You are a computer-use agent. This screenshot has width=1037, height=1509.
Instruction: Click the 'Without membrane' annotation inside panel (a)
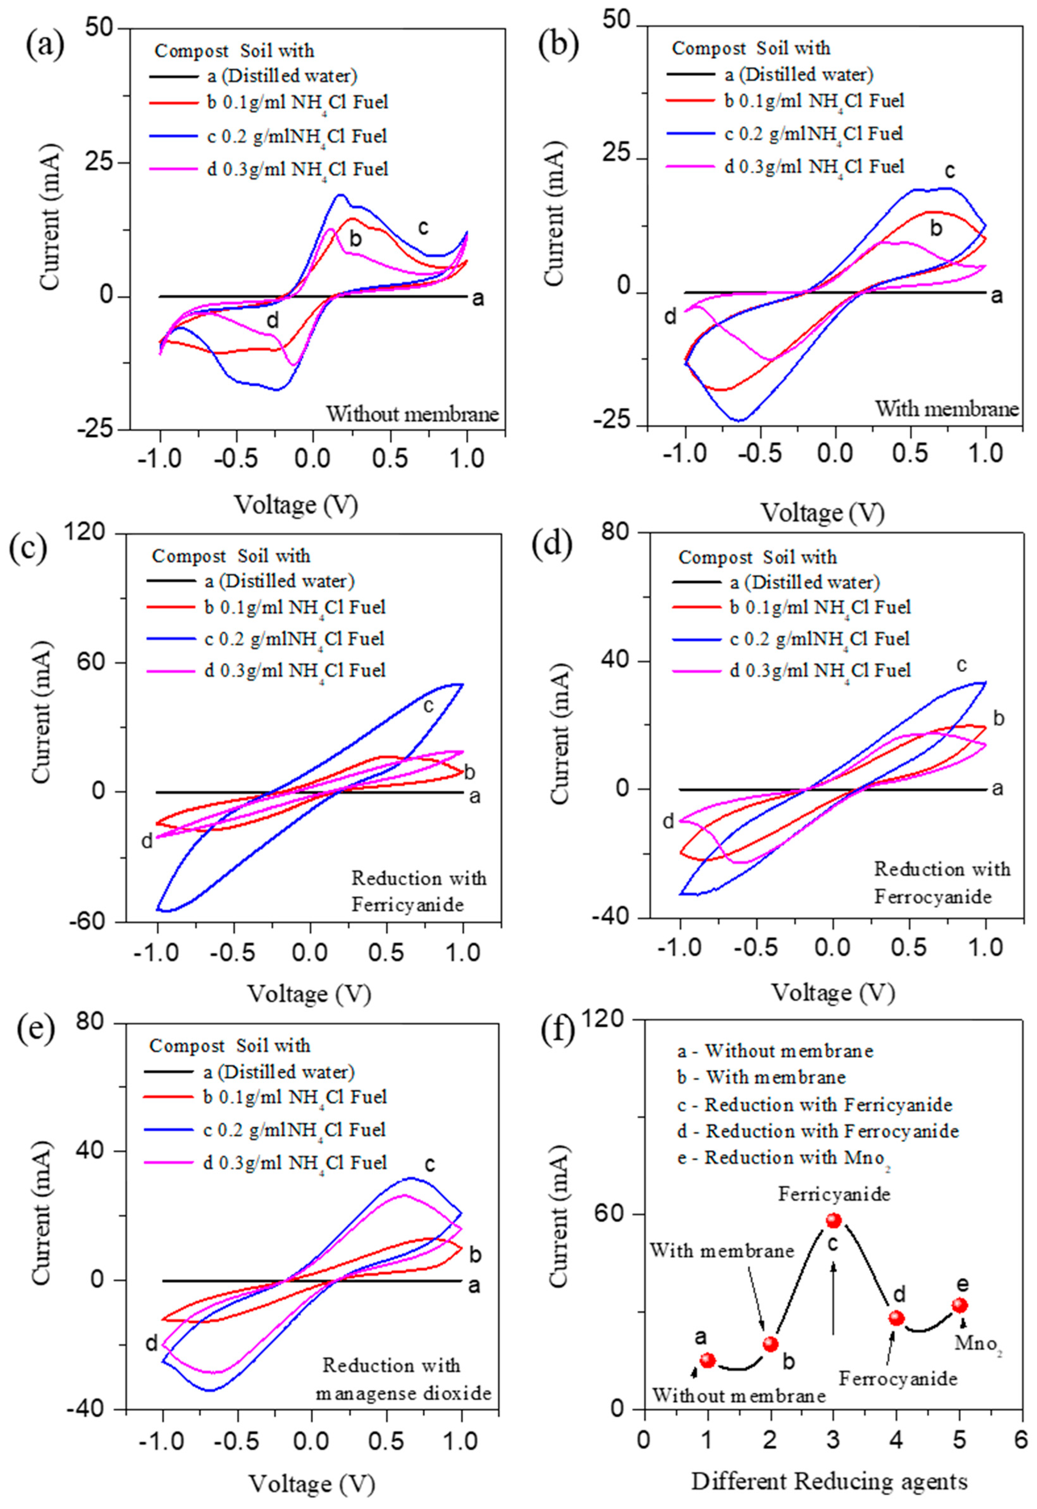click(x=413, y=414)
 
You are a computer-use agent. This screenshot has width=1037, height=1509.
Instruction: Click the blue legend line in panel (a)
click(x=173, y=136)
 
